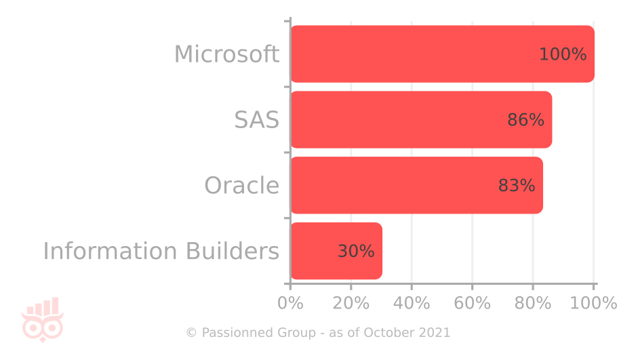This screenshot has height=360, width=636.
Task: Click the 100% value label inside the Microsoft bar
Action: [x=563, y=55]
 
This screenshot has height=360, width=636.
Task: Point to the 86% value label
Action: [x=525, y=121]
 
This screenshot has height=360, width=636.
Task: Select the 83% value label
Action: [x=517, y=186]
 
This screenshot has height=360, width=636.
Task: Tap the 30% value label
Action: [x=356, y=252]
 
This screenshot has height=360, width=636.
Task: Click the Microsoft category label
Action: [x=226, y=54]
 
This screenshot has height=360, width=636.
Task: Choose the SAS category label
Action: [x=256, y=120]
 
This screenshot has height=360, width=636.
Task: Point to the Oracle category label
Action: [x=241, y=186]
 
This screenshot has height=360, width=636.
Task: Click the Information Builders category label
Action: [x=161, y=251]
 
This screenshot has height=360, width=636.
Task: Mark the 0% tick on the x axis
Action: [x=291, y=303]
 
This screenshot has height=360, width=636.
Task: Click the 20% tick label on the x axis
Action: [x=351, y=303]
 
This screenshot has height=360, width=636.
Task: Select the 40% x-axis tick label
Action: [x=412, y=303]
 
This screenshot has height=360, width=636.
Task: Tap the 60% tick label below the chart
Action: [x=472, y=303]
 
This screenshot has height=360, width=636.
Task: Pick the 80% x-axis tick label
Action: [x=533, y=303]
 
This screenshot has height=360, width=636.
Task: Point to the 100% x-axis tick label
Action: [x=593, y=303]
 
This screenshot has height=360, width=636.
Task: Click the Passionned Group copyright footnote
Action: [x=318, y=333]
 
